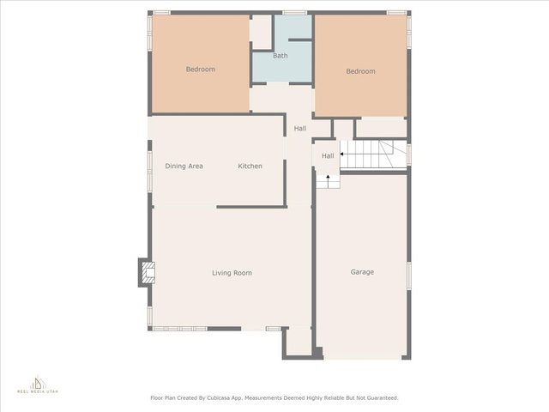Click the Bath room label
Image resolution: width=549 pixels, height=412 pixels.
(x=281, y=56)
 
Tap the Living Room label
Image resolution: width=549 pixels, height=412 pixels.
(x=232, y=273)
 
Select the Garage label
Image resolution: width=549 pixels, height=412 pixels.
(x=362, y=272)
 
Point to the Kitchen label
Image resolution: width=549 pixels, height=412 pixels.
(x=250, y=166)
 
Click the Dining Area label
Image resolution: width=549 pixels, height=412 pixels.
(x=184, y=166)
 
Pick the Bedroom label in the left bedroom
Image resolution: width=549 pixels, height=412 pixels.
(x=200, y=70)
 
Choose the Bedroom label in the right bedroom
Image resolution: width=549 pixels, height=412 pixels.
(x=360, y=71)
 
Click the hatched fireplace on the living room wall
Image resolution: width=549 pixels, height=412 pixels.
(x=147, y=273)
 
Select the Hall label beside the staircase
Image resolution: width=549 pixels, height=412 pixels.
(x=328, y=156)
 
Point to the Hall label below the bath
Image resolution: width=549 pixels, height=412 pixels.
(x=300, y=129)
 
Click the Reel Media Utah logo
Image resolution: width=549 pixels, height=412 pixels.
(x=38, y=385)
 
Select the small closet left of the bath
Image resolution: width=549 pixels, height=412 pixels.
(x=262, y=32)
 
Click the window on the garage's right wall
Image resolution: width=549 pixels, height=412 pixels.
(x=408, y=276)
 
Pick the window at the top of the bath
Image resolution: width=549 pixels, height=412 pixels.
(x=295, y=13)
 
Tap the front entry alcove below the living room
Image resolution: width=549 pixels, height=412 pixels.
(x=299, y=342)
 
